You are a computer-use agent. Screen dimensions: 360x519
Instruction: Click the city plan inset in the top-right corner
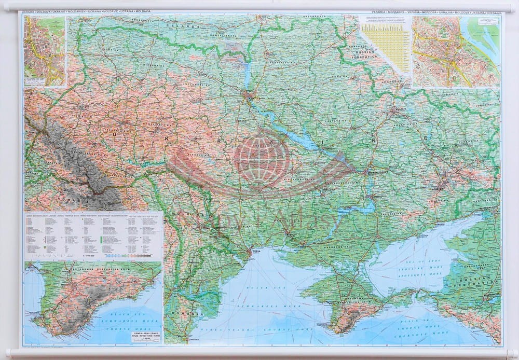(456, 51)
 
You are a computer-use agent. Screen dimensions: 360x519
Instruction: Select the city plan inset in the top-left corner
(45, 51)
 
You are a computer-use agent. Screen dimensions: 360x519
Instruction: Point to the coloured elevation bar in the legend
(127, 256)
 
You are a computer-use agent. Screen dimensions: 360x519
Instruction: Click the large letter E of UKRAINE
(427, 139)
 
